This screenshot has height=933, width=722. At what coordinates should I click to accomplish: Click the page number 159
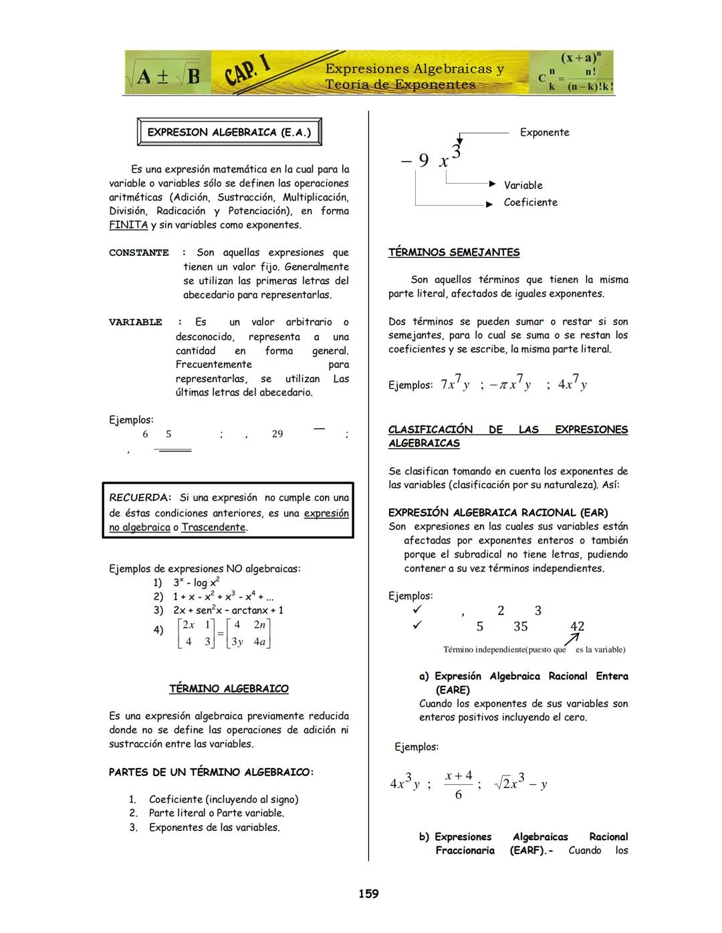pos(368,894)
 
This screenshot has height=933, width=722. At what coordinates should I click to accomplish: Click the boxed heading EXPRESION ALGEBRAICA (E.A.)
pos(229,132)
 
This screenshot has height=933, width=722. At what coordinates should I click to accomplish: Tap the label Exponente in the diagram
pos(545,132)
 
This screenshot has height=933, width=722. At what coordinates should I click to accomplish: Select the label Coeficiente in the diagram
pos(530,202)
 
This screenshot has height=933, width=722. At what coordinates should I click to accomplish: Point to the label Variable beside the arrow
pos(523,185)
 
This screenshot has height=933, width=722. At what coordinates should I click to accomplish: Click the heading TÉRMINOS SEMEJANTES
pos(453,252)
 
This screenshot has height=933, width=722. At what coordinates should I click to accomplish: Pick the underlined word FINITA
pos(128,225)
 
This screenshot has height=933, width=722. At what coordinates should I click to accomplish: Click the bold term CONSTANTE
pos(139,253)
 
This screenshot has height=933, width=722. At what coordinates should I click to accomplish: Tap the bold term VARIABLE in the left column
pos(136,323)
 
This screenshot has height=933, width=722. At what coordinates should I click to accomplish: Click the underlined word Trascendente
pos(214,528)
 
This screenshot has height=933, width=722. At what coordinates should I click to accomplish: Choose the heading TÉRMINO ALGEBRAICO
pos(229,689)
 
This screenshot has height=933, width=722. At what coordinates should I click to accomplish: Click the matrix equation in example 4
pos(225,633)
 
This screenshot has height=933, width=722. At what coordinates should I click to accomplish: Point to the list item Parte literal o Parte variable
pos(216,813)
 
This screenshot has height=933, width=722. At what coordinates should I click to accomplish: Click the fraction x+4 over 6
pos(458,784)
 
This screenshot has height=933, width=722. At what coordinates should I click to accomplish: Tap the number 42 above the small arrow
pos(577,626)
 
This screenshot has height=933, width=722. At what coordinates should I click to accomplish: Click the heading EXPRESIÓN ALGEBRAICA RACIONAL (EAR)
pos(498,512)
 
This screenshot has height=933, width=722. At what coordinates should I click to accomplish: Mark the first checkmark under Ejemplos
pos(417,610)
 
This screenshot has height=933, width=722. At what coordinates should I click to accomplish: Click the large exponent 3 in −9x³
pos(457,151)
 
